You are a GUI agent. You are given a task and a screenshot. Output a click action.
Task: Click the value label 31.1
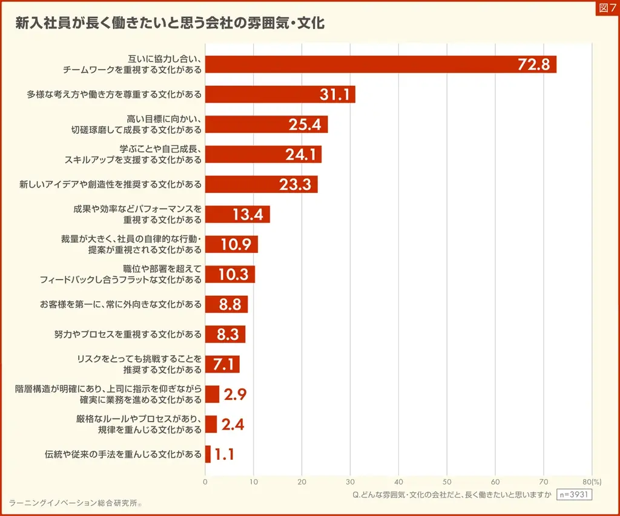pos(334,94)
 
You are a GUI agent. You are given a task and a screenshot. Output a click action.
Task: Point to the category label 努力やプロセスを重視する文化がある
pos(128,334)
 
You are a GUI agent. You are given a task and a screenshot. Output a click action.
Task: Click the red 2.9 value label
pos(235,394)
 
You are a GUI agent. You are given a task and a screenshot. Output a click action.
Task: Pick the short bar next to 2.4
pos(211,424)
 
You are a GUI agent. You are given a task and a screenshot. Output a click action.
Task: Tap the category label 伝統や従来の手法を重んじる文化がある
pos(123,454)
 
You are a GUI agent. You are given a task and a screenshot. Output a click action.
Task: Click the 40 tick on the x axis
pos(398,482)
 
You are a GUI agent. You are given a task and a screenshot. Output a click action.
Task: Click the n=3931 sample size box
pos(573,494)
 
